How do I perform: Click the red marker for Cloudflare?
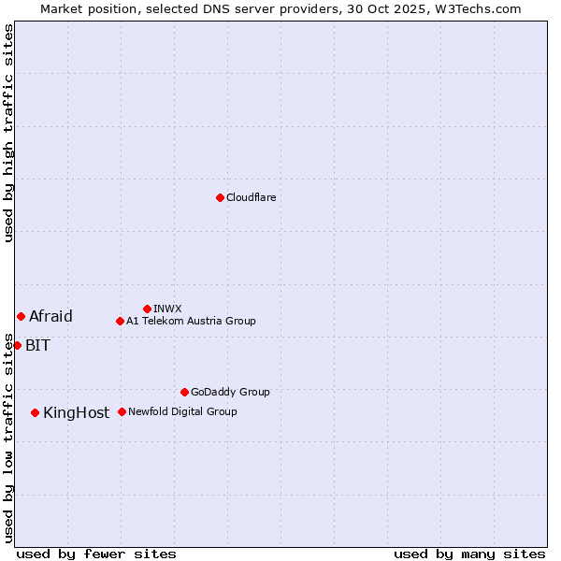pyautogui.click(x=220, y=197)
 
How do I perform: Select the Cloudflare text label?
pyautogui.click(x=251, y=197)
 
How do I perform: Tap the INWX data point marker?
pyautogui.click(x=147, y=309)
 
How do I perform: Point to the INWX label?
pyautogui.click(x=167, y=309)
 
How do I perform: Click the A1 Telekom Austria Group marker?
pyautogui.click(x=120, y=321)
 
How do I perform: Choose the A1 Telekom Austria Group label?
pyautogui.click(x=191, y=321)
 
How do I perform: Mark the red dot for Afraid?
pyautogui.click(x=21, y=316)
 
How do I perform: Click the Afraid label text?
pyautogui.click(x=50, y=316)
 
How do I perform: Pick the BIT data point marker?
pyautogui.click(x=17, y=345)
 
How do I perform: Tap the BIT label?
pyautogui.click(x=37, y=345)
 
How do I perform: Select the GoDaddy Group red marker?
pyautogui.click(x=184, y=392)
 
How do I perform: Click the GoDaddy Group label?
pyautogui.click(x=230, y=392)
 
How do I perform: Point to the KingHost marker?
pyautogui.click(x=35, y=412)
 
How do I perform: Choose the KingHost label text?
pyautogui.click(x=76, y=412)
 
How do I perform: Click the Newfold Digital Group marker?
pyautogui.click(x=122, y=411)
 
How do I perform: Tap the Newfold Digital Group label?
pyautogui.click(x=182, y=411)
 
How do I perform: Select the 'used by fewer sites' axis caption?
pyautogui.click(x=96, y=554)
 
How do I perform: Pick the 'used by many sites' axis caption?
pyautogui.click(x=469, y=554)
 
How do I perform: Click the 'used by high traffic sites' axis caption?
pyautogui.click(x=8, y=133)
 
